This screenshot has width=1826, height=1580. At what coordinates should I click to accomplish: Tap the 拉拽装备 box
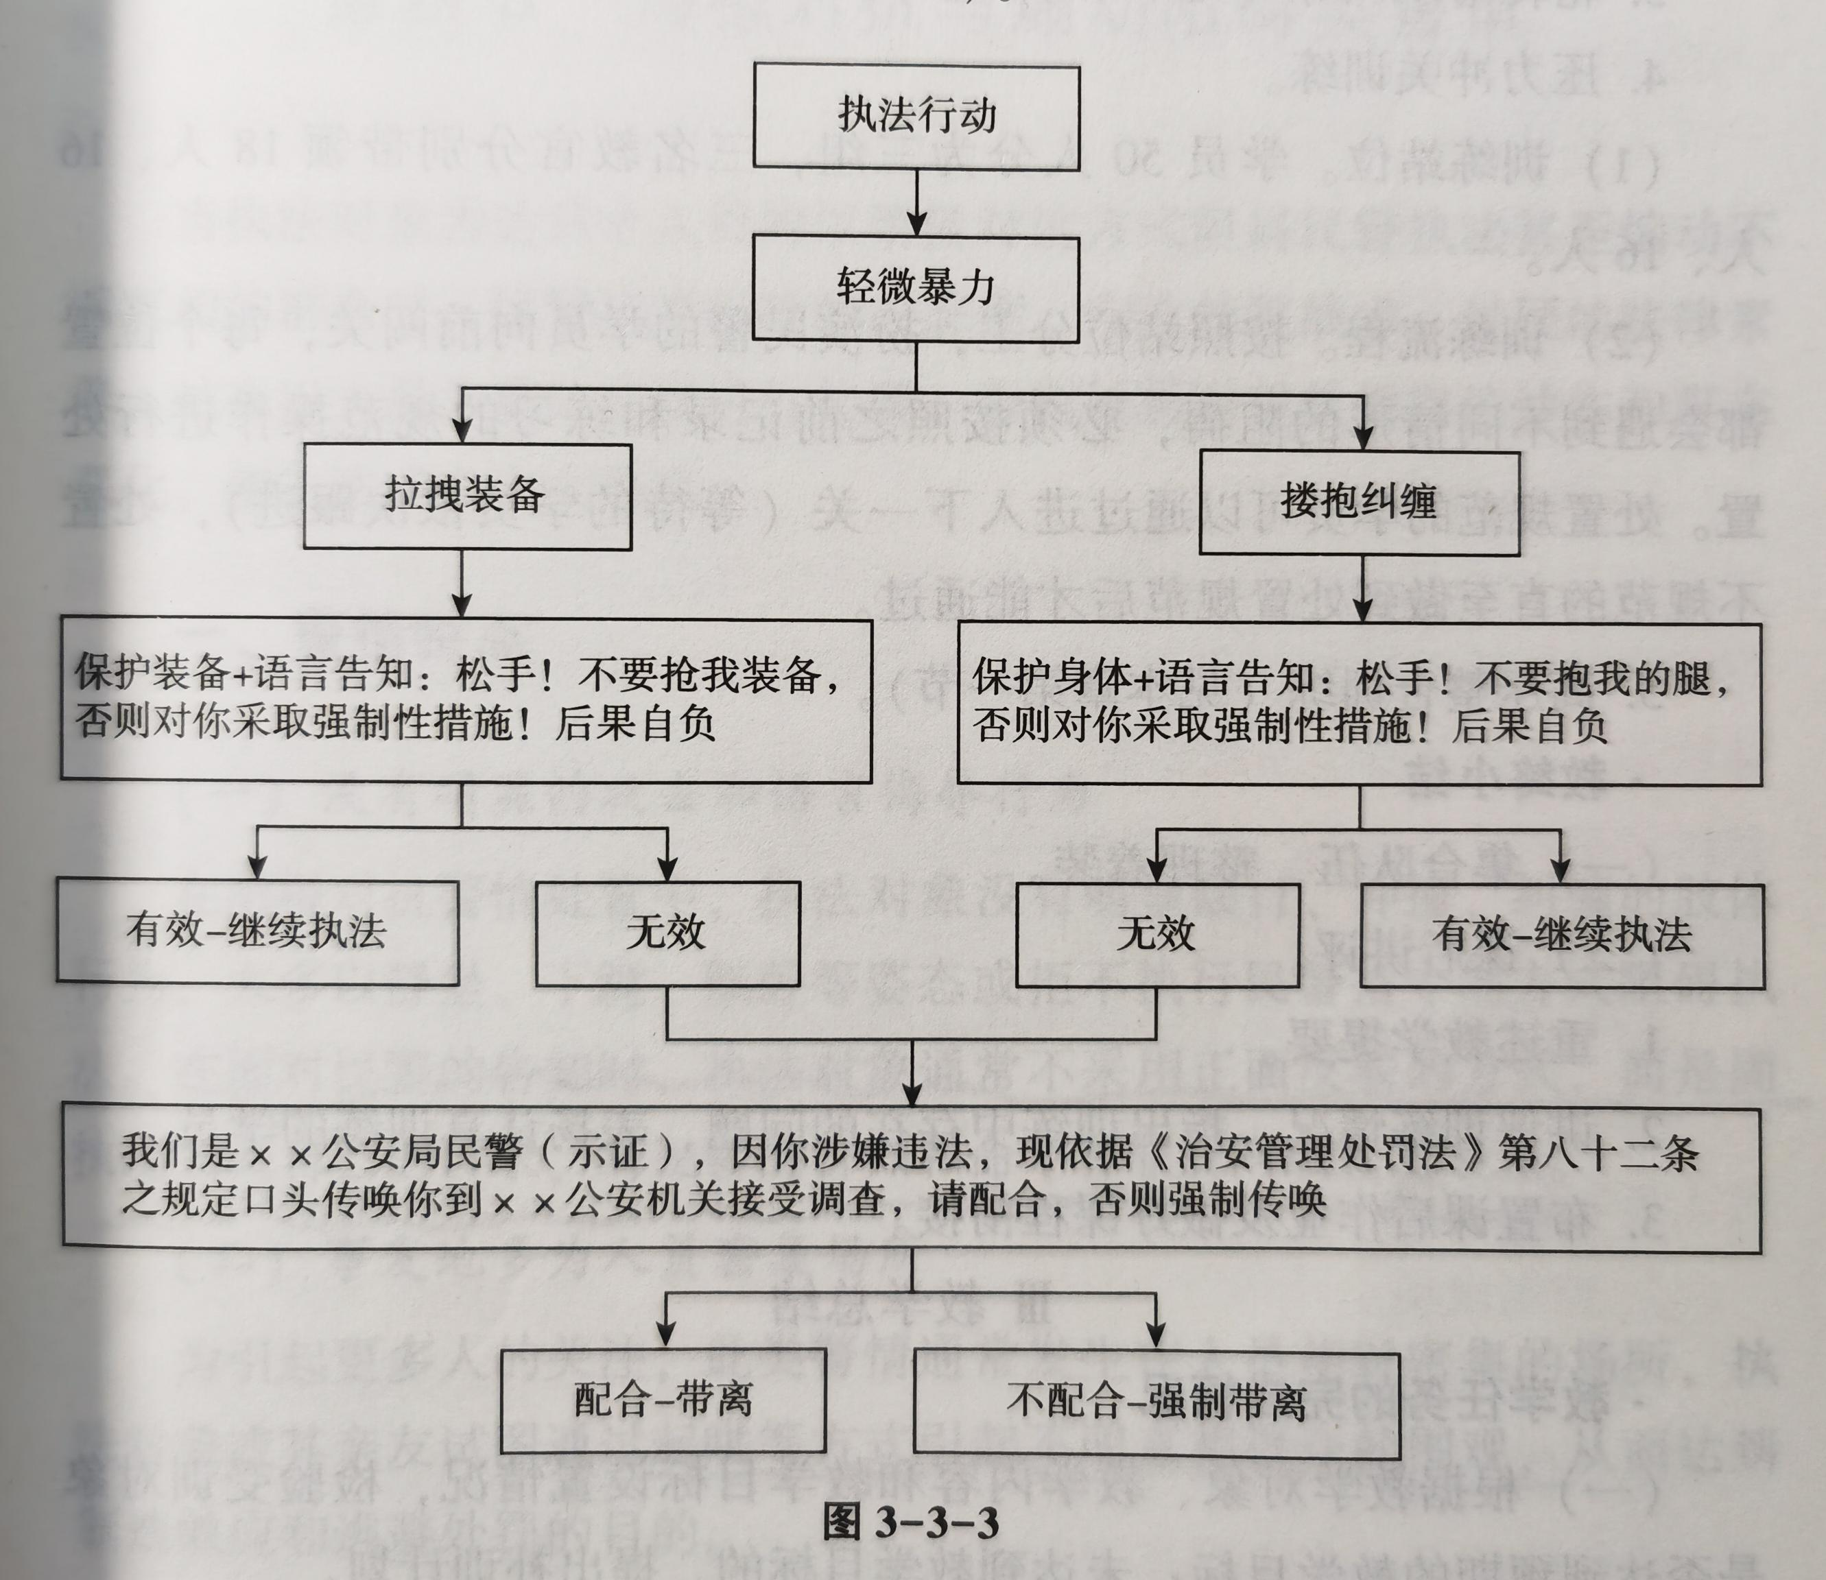click(x=466, y=496)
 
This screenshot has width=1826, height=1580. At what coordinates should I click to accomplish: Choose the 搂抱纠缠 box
click(x=1359, y=502)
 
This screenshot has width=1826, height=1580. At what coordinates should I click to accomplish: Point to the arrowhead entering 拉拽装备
click(x=462, y=432)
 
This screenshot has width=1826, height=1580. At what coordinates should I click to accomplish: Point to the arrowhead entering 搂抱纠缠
click(x=1363, y=438)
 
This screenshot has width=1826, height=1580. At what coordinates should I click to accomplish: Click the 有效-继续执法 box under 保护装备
click(x=257, y=931)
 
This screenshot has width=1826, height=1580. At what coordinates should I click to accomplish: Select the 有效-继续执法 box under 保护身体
click(x=1561, y=935)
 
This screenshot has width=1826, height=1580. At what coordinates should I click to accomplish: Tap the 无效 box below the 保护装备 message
click(x=667, y=933)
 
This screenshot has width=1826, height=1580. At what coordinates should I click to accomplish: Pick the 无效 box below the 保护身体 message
click(x=1156, y=935)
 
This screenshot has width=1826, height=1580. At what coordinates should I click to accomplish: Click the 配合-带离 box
click(x=663, y=1400)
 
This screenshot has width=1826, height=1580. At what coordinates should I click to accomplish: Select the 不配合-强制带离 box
click(x=1155, y=1402)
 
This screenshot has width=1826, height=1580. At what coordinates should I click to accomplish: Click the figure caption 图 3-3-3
click(x=912, y=1522)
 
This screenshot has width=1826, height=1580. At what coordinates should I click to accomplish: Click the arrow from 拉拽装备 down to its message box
click(x=462, y=584)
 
